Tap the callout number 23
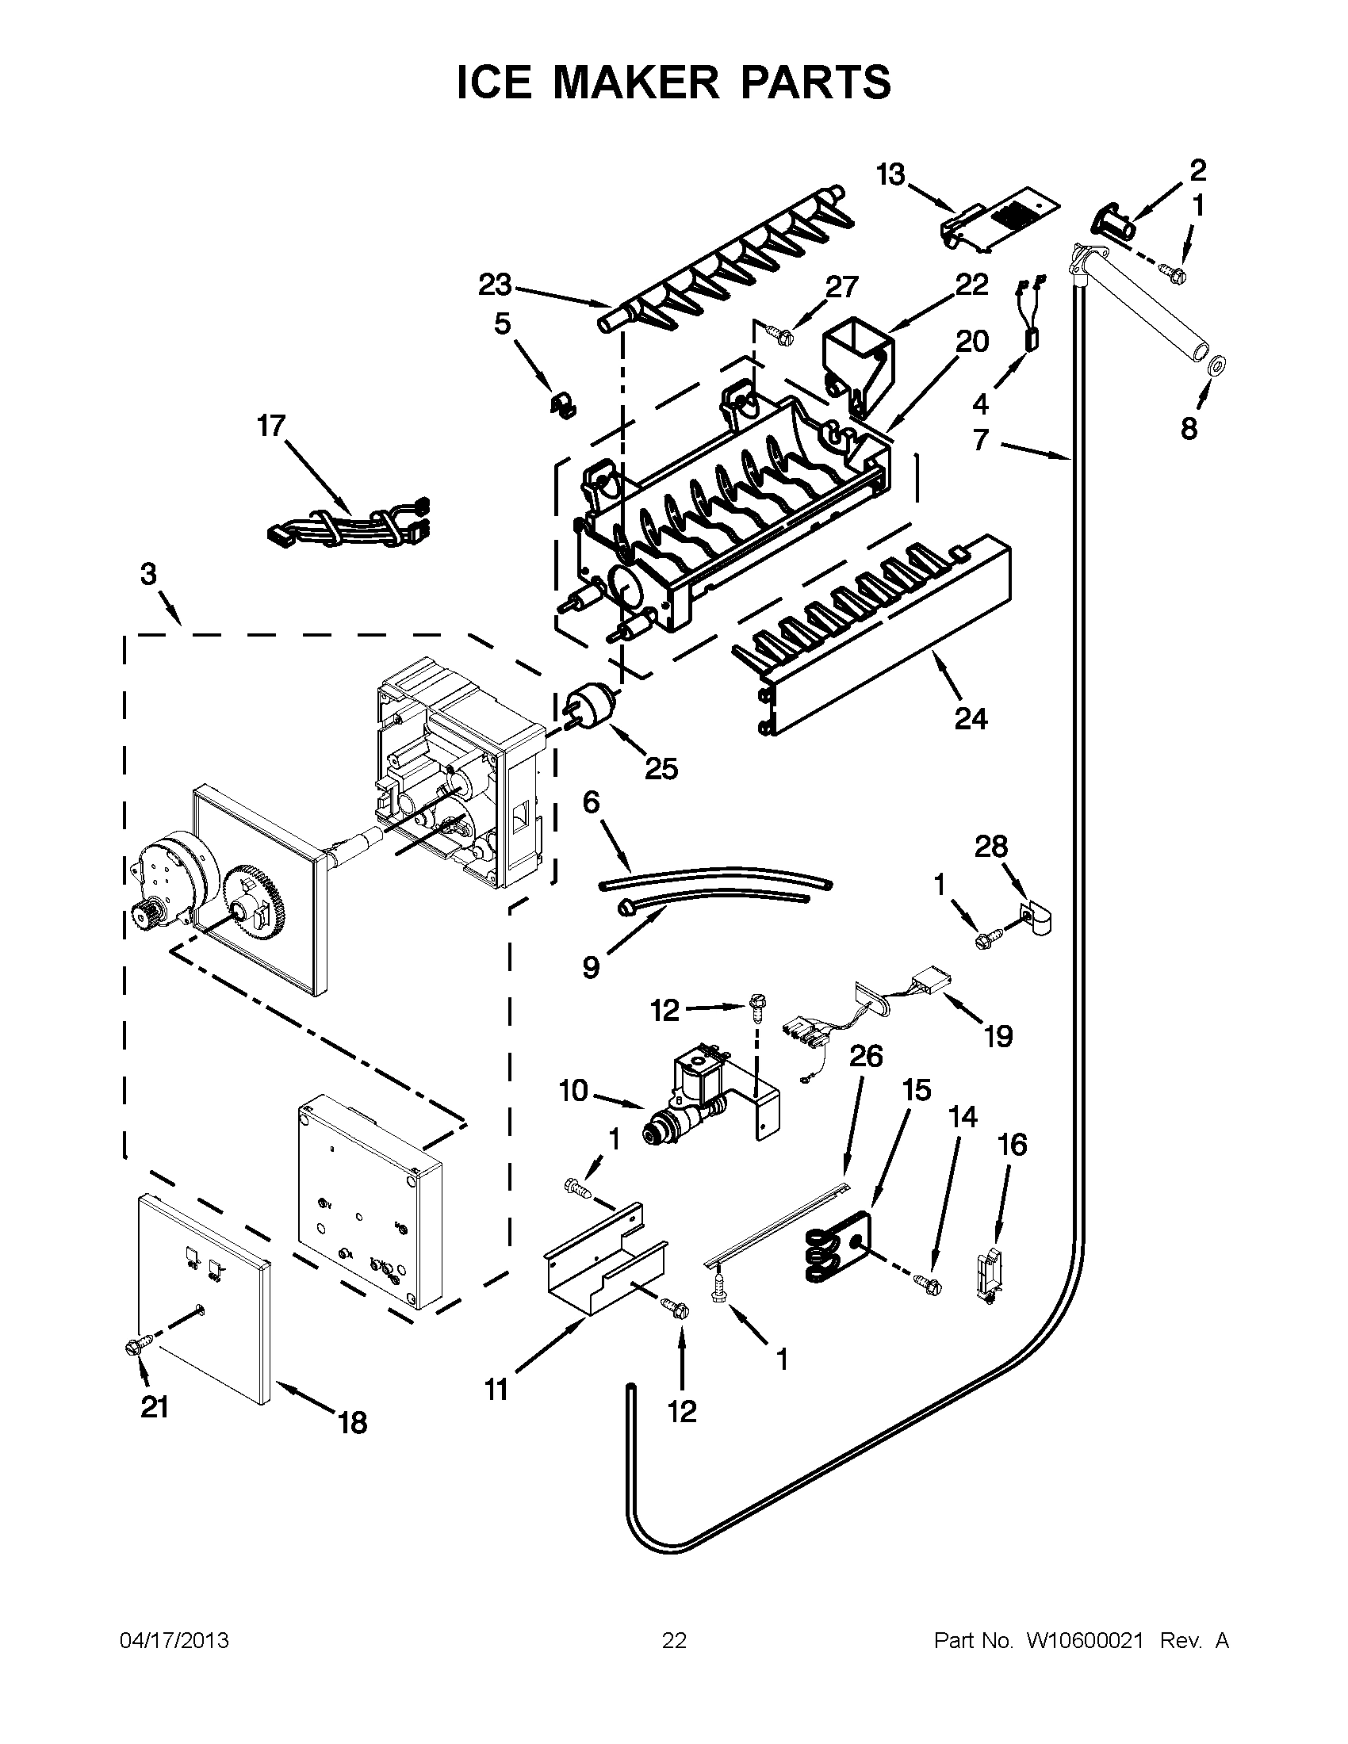point(495,285)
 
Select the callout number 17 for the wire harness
point(270,426)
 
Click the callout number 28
point(990,846)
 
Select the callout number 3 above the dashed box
point(148,574)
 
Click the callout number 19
point(998,1037)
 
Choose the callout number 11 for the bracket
point(496,1390)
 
